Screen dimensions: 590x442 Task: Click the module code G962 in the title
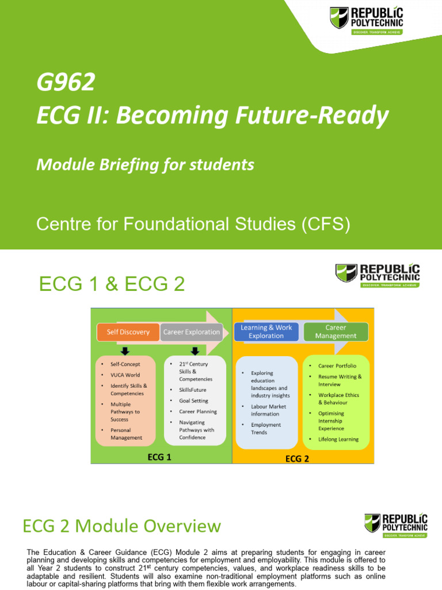65,84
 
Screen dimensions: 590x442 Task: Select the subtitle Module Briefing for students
145,165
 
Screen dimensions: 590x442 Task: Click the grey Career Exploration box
191,332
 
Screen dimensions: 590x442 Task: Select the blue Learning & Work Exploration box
266,332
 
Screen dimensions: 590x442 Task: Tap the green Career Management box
336,332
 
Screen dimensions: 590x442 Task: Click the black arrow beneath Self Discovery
125,351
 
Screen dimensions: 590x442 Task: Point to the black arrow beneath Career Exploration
195,351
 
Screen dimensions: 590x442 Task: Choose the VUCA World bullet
125,375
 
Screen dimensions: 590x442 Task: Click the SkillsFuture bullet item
192,390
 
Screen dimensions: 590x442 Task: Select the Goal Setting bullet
193,401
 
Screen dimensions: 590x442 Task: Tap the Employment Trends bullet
266,429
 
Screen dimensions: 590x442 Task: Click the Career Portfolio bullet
337,366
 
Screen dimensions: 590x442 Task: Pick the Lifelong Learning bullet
338,439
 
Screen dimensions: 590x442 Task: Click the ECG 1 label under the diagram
159,457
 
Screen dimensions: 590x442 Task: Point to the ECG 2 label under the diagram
298,459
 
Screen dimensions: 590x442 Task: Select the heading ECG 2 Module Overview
121,526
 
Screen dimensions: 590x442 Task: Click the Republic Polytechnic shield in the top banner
339,17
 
